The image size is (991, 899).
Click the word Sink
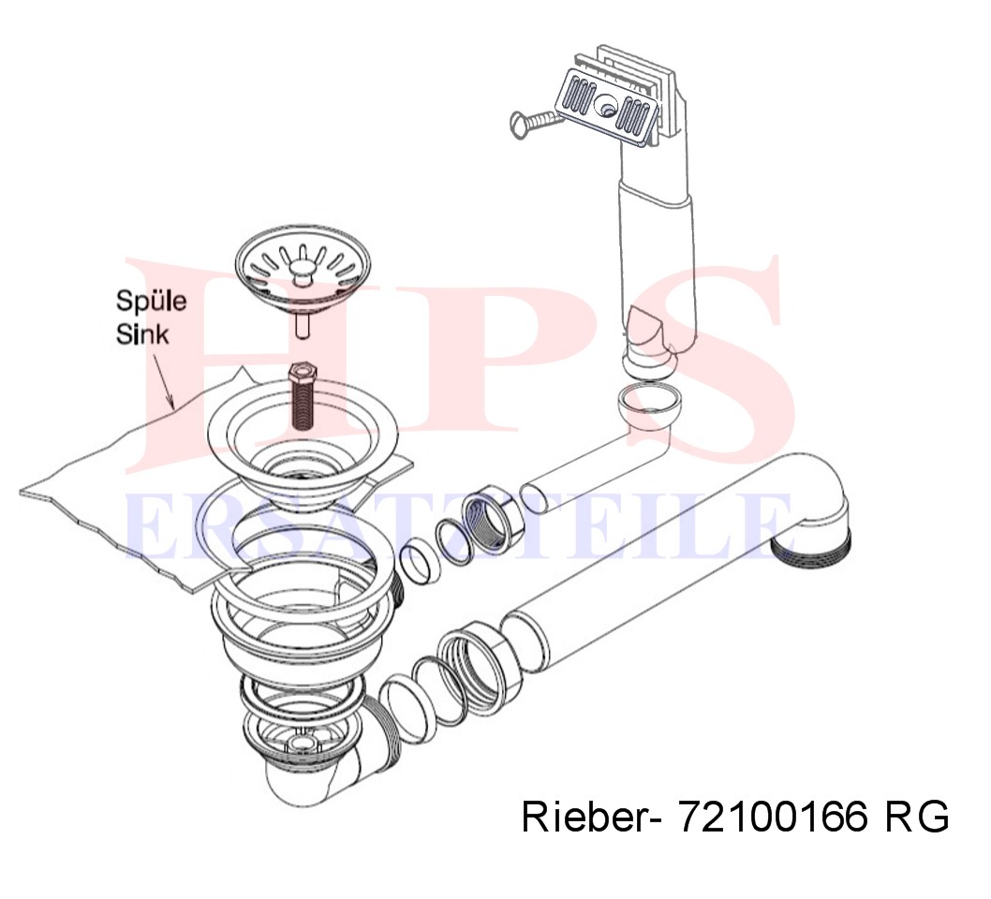coord(142,333)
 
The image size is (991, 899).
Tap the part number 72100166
coord(773,817)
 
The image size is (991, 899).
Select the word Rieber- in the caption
coord(592,817)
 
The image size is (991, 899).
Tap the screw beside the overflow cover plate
coord(535,122)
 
